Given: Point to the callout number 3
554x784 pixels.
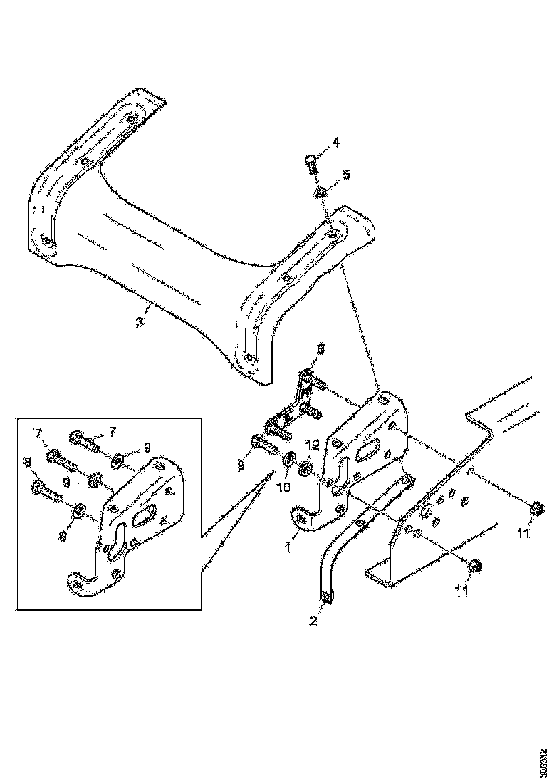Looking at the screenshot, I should [x=140, y=322].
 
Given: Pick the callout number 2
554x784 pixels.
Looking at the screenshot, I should [x=313, y=620].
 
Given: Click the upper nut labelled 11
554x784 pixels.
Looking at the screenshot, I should [x=536, y=508].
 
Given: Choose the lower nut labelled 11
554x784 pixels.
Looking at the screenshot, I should [x=475, y=566].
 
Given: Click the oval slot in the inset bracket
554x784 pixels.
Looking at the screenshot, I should [x=145, y=515].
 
